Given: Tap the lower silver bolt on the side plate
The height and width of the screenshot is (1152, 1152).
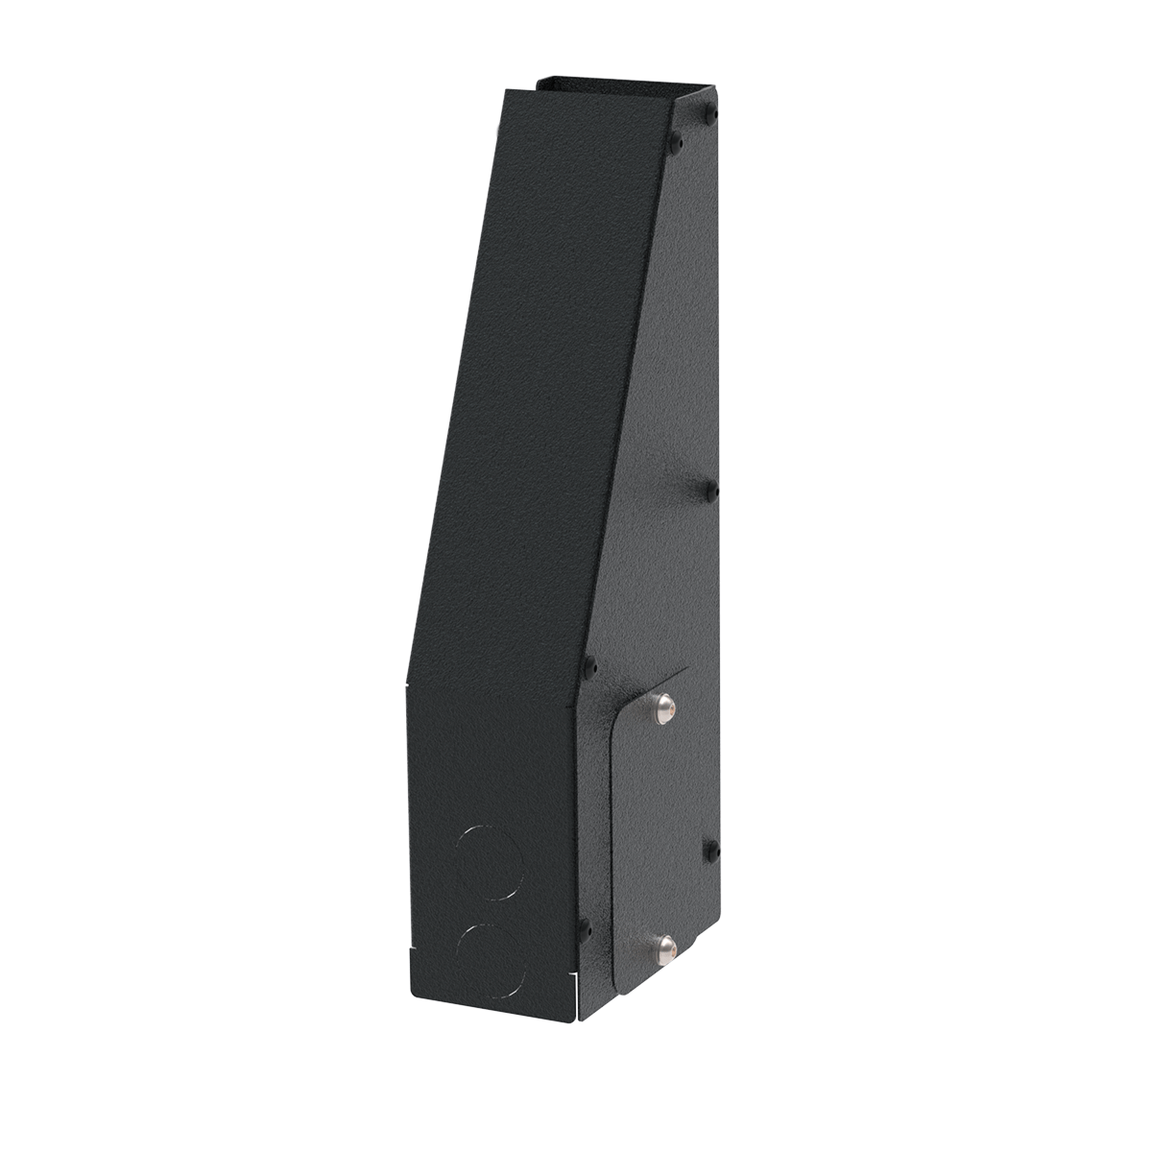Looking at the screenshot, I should [663, 950].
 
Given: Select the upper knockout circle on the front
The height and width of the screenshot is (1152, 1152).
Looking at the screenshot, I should [489, 861].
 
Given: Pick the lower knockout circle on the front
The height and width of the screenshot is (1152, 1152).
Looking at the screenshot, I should [492, 956].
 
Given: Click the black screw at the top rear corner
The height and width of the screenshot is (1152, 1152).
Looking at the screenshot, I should [710, 114].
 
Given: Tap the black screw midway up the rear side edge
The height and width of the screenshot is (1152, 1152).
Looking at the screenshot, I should [711, 492].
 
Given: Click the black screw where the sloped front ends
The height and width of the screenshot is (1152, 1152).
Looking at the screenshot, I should [589, 664].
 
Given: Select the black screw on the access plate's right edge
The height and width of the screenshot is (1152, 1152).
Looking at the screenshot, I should [711, 849].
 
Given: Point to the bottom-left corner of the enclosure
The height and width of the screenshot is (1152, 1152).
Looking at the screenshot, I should [408, 992].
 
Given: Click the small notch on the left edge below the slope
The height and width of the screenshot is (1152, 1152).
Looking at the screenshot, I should [408, 684].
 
